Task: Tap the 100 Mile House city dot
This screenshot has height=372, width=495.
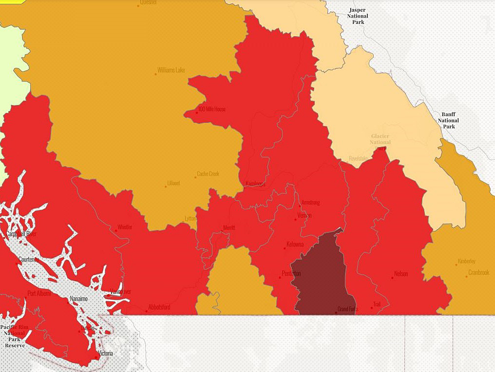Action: pyautogui.click(x=197, y=113)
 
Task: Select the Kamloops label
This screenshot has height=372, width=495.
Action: pyautogui.click(x=256, y=184)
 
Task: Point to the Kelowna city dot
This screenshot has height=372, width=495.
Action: pyautogui.click(x=285, y=248)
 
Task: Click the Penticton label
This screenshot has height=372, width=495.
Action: pyautogui.click(x=291, y=273)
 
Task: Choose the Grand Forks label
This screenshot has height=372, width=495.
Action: pyautogui.click(x=347, y=309)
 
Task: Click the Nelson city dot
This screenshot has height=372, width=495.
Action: pyautogui.click(x=392, y=278)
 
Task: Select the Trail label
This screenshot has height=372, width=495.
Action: pyautogui.click(x=377, y=304)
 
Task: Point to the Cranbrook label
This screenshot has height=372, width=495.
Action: pyautogui.click(x=478, y=272)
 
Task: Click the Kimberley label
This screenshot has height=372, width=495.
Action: pyautogui.click(x=466, y=261)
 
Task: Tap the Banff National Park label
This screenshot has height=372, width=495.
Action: pyautogui.click(x=448, y=120)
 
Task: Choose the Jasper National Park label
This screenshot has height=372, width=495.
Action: pyautogui.click(x=358, y=16)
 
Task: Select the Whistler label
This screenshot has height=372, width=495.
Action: pyautogui.click(x=124, y=227)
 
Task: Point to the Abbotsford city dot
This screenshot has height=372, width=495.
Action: pyautogui.click(x=147, y=311)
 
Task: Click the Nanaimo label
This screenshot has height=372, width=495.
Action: pyautogui.click(x=79, y=299)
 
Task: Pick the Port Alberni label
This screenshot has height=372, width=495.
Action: pyautogui.click(x=39, y=293)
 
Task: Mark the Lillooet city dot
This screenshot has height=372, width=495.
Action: pyautogui.click(x=165, y=186)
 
